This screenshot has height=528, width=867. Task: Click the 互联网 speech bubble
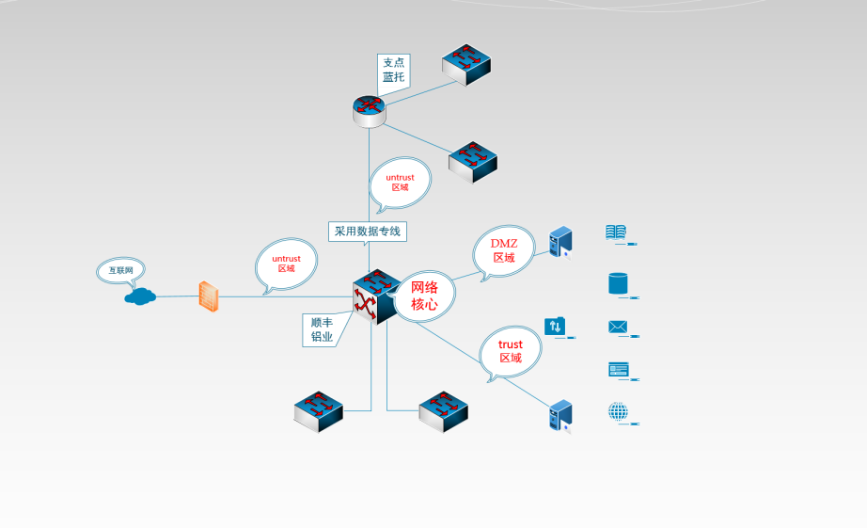pos(120,270)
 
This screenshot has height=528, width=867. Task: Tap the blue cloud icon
pos(140,296)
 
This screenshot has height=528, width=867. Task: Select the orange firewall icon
pos(209,296)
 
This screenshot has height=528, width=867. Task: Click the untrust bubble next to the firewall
pos(286,263)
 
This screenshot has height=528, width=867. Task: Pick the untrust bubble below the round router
pos(400,182)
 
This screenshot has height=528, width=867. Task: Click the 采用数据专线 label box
pos(369,231)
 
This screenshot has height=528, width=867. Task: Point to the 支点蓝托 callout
pos(393,71)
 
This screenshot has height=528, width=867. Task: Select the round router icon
pos(369,110)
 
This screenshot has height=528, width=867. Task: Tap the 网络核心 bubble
pos(424,296)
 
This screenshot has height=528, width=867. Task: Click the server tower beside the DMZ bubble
pos(560,242)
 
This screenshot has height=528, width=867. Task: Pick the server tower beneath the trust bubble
pos(560,415)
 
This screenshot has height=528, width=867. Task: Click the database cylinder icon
pos(618,282)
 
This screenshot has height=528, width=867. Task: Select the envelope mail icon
pos(618,327)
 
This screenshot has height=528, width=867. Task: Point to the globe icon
pos(618,410)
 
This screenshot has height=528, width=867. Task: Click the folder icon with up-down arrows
pos(555,327)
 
